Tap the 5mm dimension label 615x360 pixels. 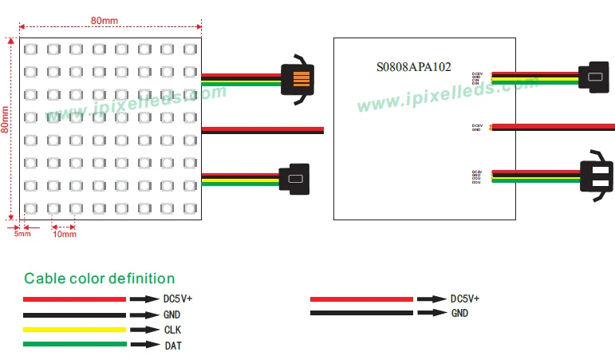pyautogui.click(x=22, y=234)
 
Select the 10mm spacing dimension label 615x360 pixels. pyautogui.click(x=64, y=234)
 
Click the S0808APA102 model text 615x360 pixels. pyautogui.click(x=413, y=68)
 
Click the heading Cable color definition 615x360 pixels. pyautogui.click(x=99, y=279)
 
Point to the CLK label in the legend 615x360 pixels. pyautogui.click(x=174, y=329)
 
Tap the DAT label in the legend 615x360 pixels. pyautogui.click(x=173, y=345)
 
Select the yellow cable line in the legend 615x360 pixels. pyautogui.click(x=74, y=329)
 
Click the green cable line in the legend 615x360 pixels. pyautogui.click(x=74, y=345)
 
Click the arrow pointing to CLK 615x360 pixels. pyautogui.click(x=144, y=329)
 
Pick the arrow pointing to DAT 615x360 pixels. pyautogui.click(x=144, y=345)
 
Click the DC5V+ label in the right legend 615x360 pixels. pyautogui.click(x=465, y=299)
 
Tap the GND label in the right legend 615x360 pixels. pyautogui.click(x=459, y=314)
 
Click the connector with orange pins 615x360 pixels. pyautogui.click(x=297, y=79)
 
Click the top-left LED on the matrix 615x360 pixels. pyautogui.click(x=30, y=49)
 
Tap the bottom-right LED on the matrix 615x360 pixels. pyautogui.click(x=190, y=209)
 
